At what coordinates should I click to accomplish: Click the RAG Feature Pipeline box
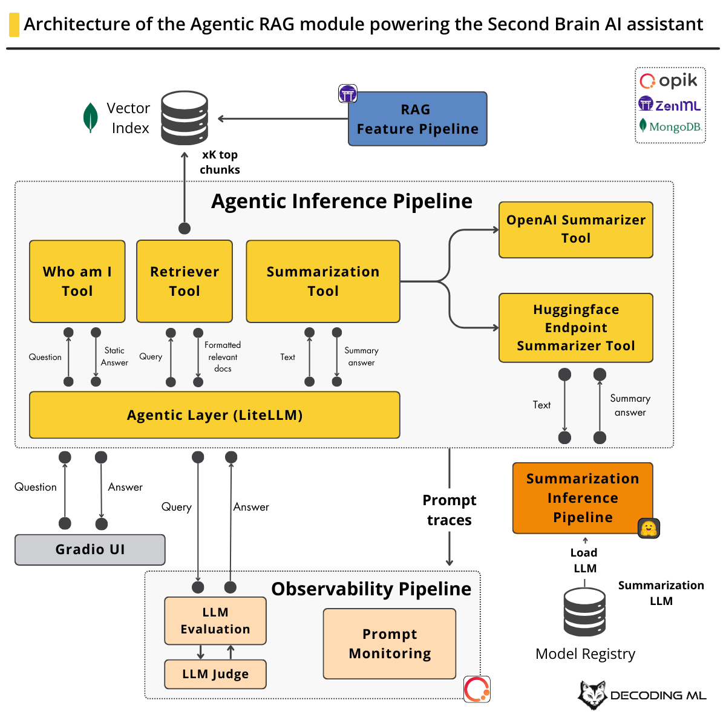(417, 119)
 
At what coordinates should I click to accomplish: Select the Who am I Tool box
(77, 281)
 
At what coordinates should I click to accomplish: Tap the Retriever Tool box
(185, 281)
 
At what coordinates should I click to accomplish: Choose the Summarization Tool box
(323, 281)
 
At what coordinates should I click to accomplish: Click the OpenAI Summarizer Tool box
(575, 229)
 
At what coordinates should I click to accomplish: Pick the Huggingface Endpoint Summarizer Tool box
(575, 328)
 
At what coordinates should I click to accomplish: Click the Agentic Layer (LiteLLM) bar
(214, 415)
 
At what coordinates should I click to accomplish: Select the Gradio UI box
(90, 549)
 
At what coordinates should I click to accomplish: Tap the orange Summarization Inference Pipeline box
(582, 498)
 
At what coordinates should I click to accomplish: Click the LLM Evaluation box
(215, 621)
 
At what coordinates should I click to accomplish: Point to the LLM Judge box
(215, 674)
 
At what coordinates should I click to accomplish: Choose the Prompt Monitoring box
(390, 644)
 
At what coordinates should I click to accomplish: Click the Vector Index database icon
(185, 118)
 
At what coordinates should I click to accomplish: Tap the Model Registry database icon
(584, 612)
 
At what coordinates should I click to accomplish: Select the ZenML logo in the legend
(670, 105)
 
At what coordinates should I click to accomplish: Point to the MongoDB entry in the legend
(670, 126)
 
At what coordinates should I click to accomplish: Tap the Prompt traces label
(449, 510)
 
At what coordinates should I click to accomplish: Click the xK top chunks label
(220, 162)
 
